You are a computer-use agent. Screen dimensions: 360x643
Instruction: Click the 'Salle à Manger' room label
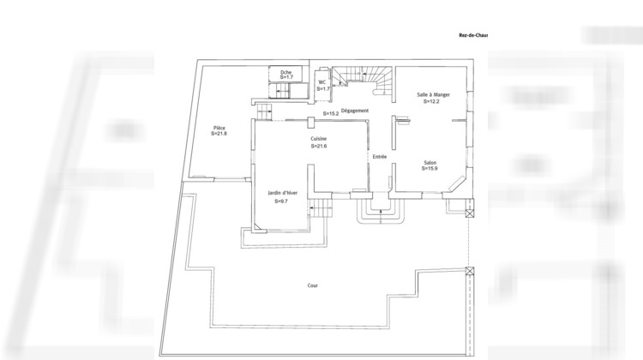pos(433,94)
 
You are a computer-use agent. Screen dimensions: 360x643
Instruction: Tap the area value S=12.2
pos(431,101)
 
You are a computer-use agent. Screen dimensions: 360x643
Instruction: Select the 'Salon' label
pos(430,162)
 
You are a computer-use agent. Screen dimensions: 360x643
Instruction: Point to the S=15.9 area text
pos(430,169)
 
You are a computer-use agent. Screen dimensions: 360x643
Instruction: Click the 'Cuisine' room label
pos(319,139)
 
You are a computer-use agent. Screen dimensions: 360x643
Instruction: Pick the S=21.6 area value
pos(319,147)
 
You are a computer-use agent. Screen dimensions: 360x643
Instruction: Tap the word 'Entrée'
pos(379,157)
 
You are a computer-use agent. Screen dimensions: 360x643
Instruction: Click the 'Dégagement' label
pos(354,111)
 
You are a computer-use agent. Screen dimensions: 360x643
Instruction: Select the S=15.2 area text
pos(331,113)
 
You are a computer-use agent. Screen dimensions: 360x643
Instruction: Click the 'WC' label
pos(322,82)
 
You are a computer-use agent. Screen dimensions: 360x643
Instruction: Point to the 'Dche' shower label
pos(286,71)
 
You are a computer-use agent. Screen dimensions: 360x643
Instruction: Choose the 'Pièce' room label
pos(219,127)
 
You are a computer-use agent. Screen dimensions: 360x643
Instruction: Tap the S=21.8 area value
pos(219,134)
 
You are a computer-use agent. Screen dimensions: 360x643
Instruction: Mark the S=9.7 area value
pos(281,201)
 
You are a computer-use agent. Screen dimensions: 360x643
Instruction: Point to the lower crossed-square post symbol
pos(469,273)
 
